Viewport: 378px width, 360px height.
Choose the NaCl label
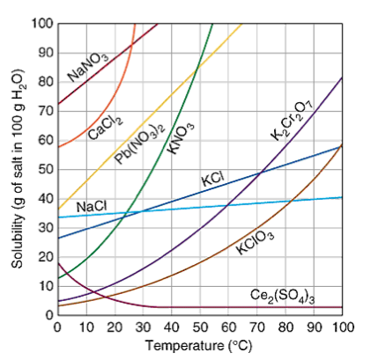92,206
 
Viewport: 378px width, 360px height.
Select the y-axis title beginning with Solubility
15,167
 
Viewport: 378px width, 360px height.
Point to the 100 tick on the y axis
41,22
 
